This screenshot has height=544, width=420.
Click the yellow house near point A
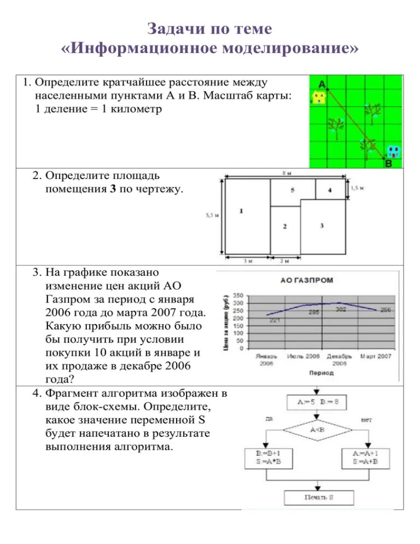point(318,98)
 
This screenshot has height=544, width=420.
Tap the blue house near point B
point(393,151)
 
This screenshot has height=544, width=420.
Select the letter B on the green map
point(388,163)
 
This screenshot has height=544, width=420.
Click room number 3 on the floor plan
point(322,225)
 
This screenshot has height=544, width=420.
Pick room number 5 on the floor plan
point(293,190)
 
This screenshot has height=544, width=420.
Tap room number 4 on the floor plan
point(330,190)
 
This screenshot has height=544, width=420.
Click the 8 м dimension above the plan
point(287,173)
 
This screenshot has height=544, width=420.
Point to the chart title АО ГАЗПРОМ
point(306,280)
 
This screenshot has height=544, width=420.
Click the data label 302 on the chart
point(340,309)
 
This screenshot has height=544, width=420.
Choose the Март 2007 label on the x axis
point(376,356)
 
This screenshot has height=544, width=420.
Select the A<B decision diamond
point(317,430)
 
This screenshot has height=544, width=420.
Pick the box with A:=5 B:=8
point(318,402)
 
